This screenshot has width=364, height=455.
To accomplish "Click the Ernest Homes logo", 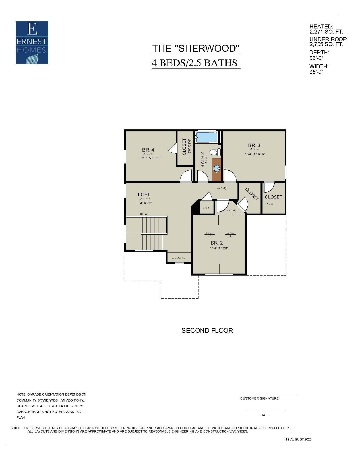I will (32, 43).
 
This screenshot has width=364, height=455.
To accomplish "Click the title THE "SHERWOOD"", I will (195, 48).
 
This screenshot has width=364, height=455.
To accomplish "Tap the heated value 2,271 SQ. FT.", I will (326, 32).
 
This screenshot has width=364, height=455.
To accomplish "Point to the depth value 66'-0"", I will (316, 58).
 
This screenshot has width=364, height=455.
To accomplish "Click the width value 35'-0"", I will (316, 72).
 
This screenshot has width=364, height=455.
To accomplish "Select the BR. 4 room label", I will (148, 150).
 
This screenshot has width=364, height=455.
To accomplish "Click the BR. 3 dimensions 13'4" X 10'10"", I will (255, 154).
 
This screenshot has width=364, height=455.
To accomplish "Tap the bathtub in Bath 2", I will (207, 137).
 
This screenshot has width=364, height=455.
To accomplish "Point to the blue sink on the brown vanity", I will (217, 169).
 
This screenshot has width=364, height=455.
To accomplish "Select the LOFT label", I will (144, 195).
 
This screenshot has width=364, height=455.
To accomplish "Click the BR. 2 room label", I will (216, 243).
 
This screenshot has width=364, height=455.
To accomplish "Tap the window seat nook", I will (179, 258).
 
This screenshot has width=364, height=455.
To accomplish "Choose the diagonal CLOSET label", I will (252, 195).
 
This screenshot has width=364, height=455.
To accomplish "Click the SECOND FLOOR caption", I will (207, 330).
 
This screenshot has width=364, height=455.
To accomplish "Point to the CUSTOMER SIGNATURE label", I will (259, 398).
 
